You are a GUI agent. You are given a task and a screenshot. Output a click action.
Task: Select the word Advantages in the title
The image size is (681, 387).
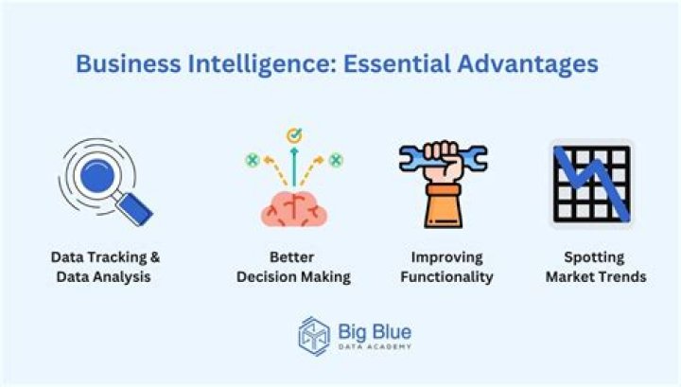[x=531, y=64]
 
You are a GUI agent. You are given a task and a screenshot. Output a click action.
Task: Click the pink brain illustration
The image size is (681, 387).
[x=294, y=205]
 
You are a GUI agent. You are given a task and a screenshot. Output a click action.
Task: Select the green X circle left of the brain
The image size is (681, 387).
[x=253, y=160]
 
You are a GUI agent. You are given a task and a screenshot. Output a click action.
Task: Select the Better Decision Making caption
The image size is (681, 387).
[x=294, y=267]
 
